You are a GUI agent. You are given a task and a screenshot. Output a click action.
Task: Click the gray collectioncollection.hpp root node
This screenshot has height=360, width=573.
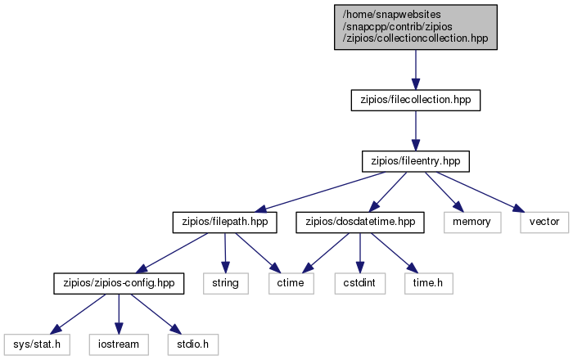point(416,27)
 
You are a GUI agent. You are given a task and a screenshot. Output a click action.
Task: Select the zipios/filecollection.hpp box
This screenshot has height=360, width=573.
point(416,100)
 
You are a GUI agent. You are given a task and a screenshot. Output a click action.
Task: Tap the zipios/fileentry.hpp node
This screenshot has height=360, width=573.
point(416,161)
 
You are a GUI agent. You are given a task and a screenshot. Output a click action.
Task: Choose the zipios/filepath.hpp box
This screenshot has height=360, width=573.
point(225,223)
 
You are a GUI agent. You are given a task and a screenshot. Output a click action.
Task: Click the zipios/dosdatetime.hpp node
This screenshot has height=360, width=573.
point(360,223)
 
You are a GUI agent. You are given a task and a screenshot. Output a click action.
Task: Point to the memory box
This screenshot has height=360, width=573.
point(472,223)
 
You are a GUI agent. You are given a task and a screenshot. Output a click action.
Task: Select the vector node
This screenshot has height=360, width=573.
point(544,223)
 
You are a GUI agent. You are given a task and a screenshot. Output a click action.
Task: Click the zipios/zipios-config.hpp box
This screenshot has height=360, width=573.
point(119,283)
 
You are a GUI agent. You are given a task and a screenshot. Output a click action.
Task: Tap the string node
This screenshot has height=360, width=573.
point(226,283)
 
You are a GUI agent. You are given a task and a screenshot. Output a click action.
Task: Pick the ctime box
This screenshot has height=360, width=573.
point(291,283)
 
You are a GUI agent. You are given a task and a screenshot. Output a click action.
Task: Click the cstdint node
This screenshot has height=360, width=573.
point(359,283)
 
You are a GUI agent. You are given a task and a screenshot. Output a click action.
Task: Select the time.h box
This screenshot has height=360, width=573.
point(428,283)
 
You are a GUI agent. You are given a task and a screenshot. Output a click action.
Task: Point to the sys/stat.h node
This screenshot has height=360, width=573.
point(37,344)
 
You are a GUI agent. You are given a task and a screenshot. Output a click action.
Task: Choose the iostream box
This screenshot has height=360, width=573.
point(119,344)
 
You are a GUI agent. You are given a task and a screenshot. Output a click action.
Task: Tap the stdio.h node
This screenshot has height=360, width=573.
point(193,344)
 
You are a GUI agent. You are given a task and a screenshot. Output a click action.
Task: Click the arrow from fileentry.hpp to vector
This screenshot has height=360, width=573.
point(481,192)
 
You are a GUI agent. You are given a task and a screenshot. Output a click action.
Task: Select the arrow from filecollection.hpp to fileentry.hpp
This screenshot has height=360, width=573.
point(416,131)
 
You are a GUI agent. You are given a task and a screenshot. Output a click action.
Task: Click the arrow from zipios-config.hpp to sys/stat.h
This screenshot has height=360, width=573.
point(78,314)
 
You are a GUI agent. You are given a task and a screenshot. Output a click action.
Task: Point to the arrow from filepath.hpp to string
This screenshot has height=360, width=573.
point(225,253)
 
